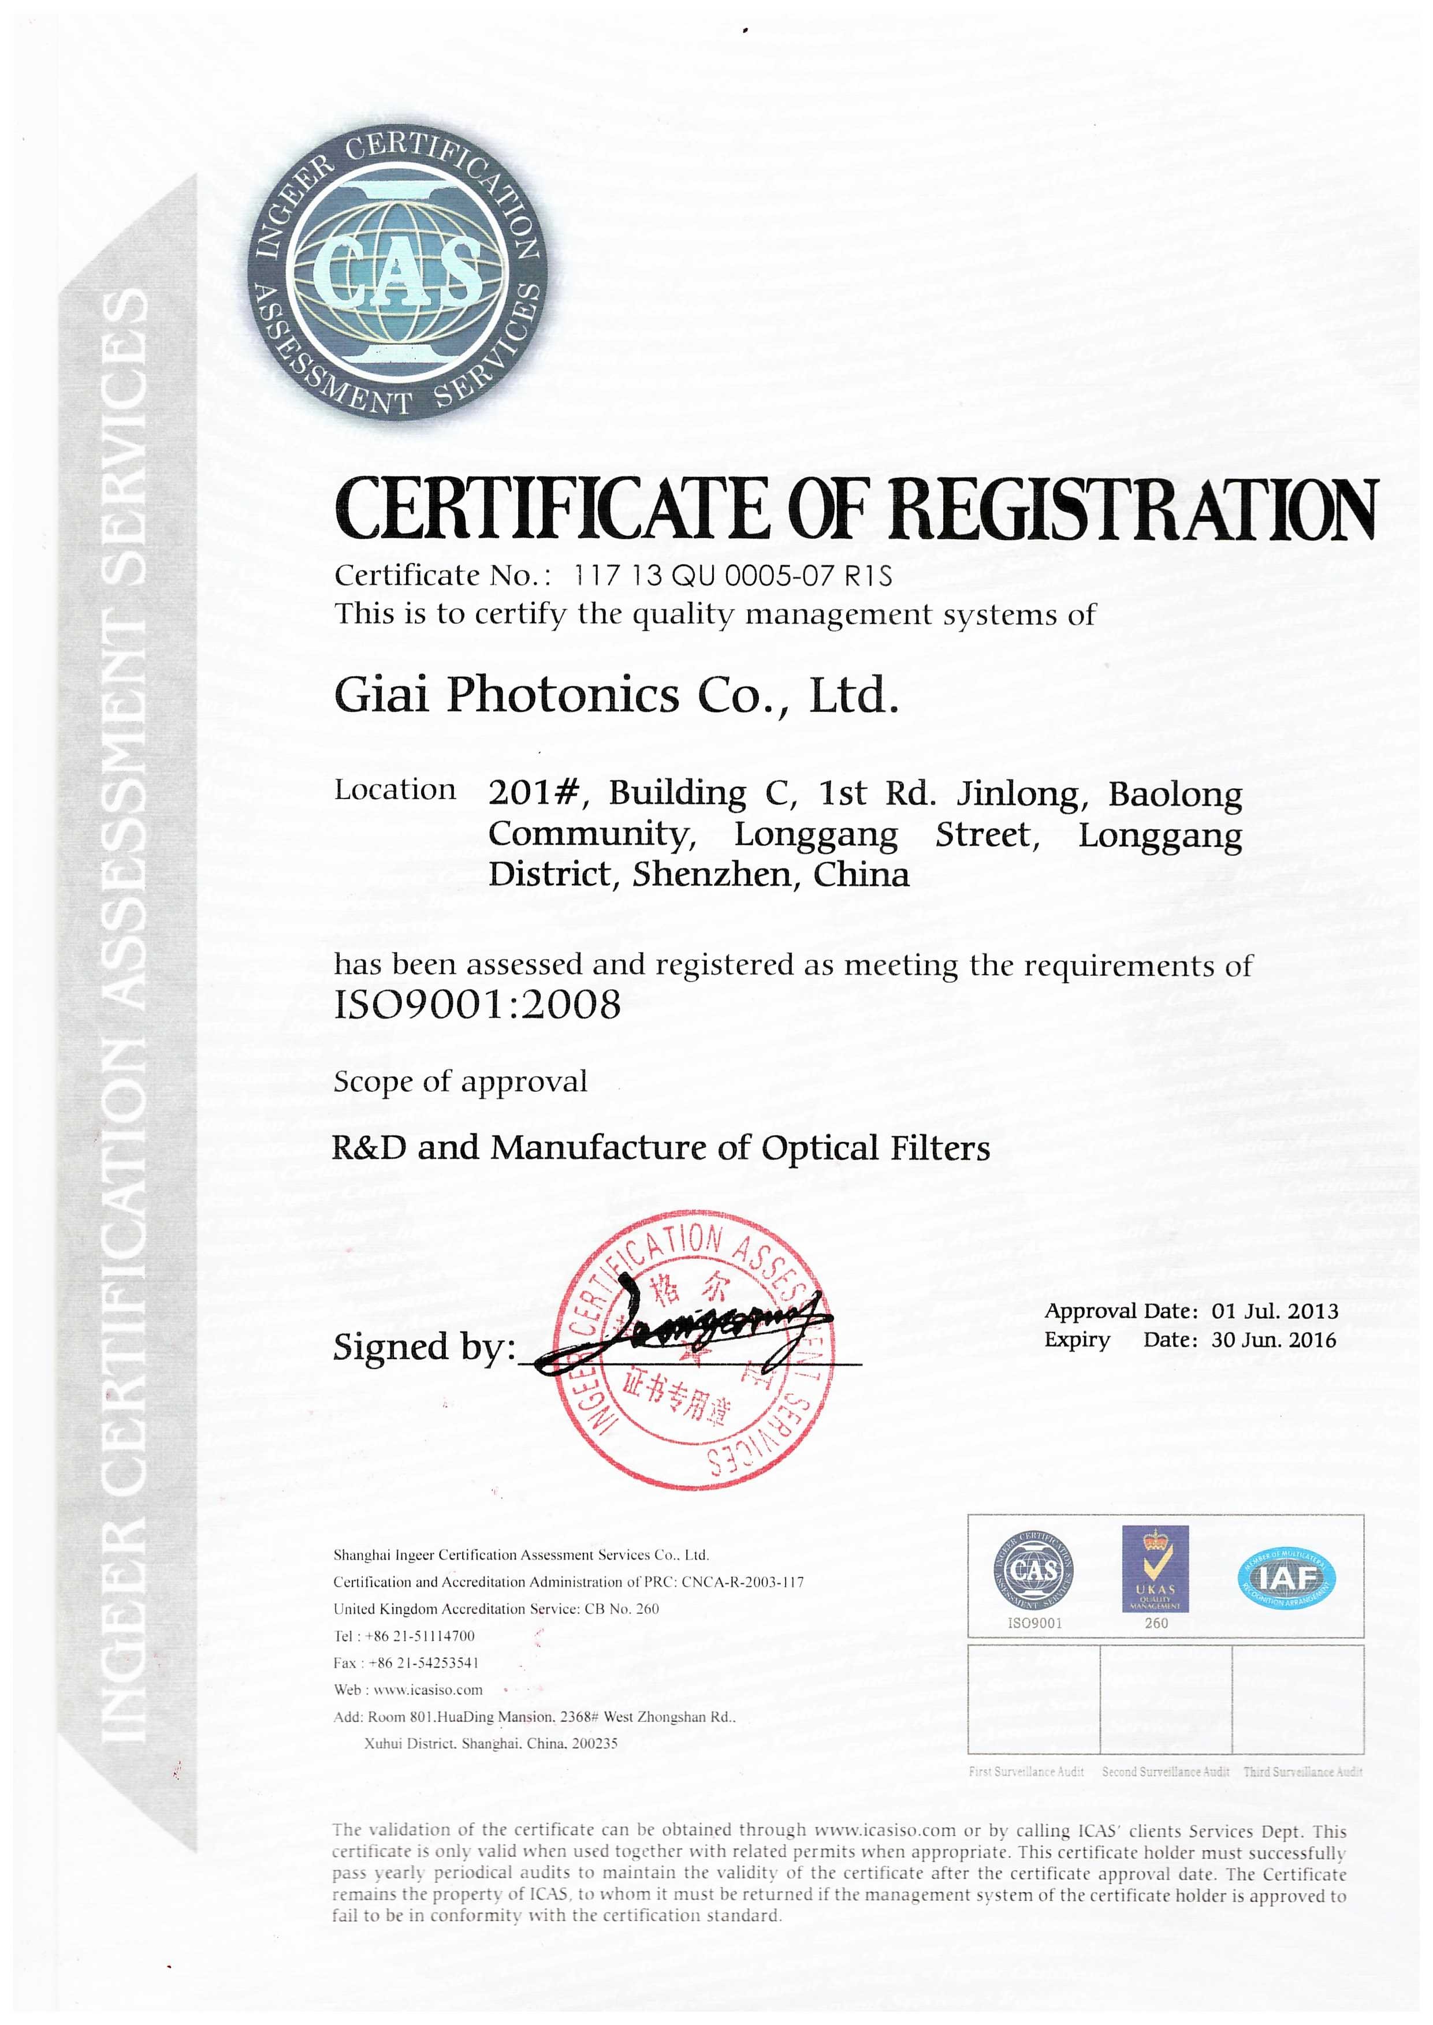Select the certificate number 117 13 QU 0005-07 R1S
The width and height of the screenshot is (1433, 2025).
point(732,576)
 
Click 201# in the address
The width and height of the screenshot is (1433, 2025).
point(533,794)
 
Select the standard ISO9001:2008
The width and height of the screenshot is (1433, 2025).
point(477,1005)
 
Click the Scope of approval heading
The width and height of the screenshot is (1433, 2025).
point(460,1082)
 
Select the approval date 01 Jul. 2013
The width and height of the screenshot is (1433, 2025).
point(1274,1311)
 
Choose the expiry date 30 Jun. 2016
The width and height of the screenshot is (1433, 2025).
point(1273,1341)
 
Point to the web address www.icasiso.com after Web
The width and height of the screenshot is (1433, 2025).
point(428,1690)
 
